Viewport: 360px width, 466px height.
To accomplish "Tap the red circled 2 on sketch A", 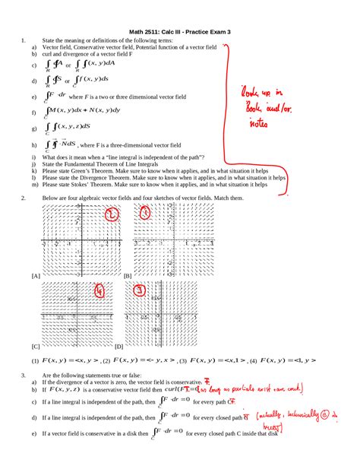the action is pyautogui.click(x=111, y=217).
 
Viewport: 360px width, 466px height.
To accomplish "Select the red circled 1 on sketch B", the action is pyautogui.click(x=144, y=216).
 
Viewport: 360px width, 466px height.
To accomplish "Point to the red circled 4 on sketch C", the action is pyautogui.click(x=99, y=291).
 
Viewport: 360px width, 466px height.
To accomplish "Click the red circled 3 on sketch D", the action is pyautogui.click(x=140, y=290).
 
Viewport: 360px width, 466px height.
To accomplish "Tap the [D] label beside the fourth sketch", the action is pyautogui.click(x=128, y=344).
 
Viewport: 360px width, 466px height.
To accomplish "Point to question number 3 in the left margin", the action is pyautogui.click(x=24, y=376).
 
